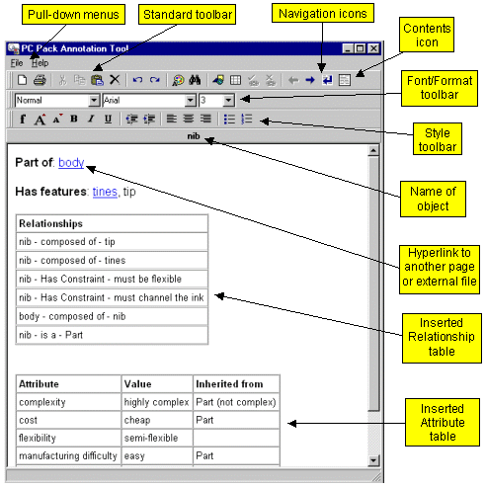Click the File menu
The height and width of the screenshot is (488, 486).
[17, 63]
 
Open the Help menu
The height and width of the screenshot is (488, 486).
[40, 63]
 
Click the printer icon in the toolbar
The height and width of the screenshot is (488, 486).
[40, 80]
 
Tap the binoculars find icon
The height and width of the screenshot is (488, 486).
[195, 80]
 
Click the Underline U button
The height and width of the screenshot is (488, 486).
[108, 119]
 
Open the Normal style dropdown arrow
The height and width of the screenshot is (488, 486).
[94, 100]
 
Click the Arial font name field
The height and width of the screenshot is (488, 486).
[144, 100]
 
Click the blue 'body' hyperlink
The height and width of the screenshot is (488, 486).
[71, 163]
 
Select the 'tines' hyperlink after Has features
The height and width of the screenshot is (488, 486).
[105, 192]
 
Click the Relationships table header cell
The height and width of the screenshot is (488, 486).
[112, 223]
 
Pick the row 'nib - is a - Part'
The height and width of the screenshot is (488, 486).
[112, 335]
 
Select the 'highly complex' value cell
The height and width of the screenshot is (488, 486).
[157, 402]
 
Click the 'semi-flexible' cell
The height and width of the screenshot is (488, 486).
[157, 438]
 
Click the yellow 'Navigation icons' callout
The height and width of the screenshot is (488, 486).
[323, 13]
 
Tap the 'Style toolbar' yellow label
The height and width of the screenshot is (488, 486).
[438, 139]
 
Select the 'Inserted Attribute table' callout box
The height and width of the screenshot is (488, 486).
[443, 423]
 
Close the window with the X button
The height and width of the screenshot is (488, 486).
[373, 48]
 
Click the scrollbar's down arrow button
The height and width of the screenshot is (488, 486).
[373, 460]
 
